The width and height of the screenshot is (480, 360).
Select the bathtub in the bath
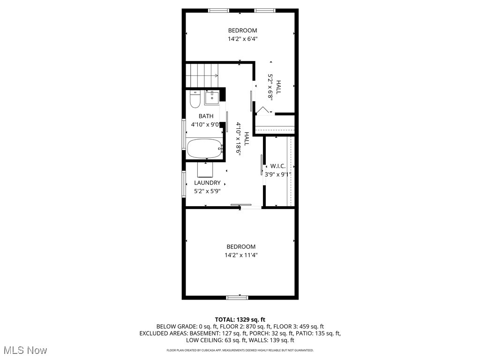pyautogui.click(x=204, y=149)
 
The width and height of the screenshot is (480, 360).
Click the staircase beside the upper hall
pyautogui.click(x=202, y=75)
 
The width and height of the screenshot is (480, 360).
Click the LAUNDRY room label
pyautogui.click(x=207, y=183)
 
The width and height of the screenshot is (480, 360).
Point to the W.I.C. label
pyautogui.click(x=277, y=166)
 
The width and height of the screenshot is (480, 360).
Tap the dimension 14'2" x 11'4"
pyautogui.click(x=241, y=255)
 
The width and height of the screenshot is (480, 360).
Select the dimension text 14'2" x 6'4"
pyautogui.click(x=243, y=39)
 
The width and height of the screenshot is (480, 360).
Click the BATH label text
pyautogui.click(x=206, y=116)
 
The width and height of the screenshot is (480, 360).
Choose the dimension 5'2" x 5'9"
pyautogui.click(x=207, y=191)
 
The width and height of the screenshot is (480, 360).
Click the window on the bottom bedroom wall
pyautogui.click(x=237, y=297)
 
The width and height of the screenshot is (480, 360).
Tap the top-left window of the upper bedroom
pyautogui.click(x=218, y=10)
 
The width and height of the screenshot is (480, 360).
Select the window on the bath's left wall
pyautogui.click(x=183, y=135)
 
